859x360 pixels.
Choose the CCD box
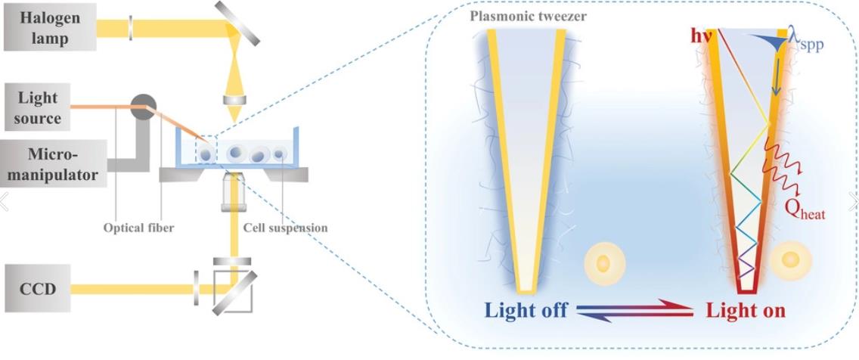coord(36,288)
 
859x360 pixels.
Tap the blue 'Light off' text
coord(526,310)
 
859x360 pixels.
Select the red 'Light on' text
coord(746,310)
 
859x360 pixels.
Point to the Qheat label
coord(803,213)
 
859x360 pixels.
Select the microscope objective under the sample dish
coord(237,196)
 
